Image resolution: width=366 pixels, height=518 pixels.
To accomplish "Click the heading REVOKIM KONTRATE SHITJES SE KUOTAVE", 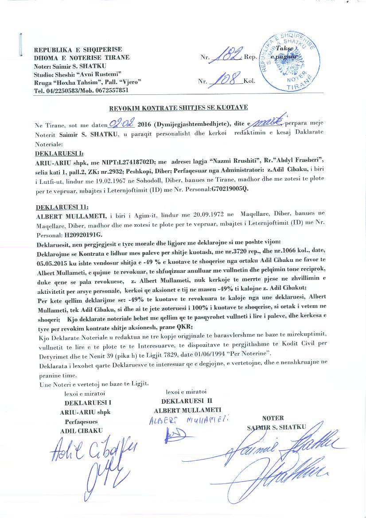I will pos(179,107).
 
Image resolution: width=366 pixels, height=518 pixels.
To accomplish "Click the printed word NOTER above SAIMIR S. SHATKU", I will pos(273,418).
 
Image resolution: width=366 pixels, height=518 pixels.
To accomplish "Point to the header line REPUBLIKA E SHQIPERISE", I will pos(78,49).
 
